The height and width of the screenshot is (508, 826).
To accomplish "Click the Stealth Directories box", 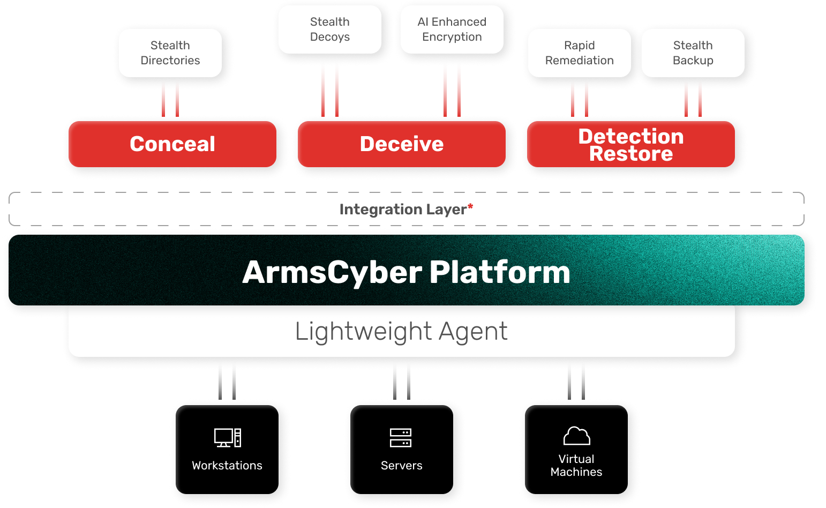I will click(170, 53).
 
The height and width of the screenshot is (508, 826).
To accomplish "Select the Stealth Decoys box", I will click(330, 29).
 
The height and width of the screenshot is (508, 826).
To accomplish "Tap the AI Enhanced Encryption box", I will click(452, 29).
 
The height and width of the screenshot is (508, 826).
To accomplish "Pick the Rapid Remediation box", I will click(579, 53).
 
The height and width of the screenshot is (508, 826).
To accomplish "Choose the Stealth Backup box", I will click(693, 53).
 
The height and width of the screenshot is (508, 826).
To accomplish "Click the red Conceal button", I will click(172, 144).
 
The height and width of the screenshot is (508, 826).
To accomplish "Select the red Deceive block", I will click(402, 144).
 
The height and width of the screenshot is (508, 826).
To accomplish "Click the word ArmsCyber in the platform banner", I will click(332, 272).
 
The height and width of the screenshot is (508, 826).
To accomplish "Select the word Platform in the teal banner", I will click(499, 272).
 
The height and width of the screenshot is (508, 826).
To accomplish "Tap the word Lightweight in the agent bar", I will click(363, 331).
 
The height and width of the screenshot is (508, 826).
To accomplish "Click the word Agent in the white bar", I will click(473, 331).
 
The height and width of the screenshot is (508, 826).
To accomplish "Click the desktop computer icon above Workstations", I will click(228, 438).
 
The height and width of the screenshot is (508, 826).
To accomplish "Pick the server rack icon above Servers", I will click(401, 438).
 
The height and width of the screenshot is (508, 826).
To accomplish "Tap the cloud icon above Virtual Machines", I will click(576, 436).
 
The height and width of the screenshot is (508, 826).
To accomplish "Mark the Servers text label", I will click(401, 466).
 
